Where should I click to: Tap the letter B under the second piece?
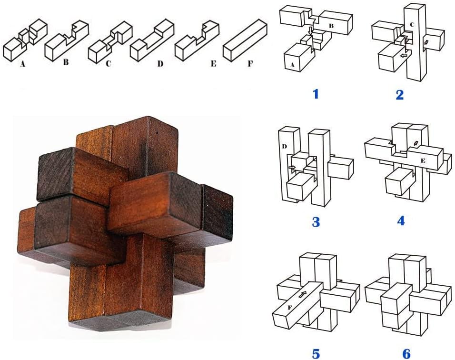coord(66,61)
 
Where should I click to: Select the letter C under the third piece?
coord(109,63)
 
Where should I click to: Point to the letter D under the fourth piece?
coord(160,63)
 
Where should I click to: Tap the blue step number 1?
coord(315,94)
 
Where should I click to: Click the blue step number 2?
coord(399,94)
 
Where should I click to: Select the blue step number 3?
coord(316,221)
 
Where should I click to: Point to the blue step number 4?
coord(400,220)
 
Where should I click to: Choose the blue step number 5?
coord(316,353)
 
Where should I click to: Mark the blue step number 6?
coord(406,353)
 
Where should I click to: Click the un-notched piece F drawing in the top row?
coord(247,40)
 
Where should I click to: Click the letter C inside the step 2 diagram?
coord(412,24)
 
